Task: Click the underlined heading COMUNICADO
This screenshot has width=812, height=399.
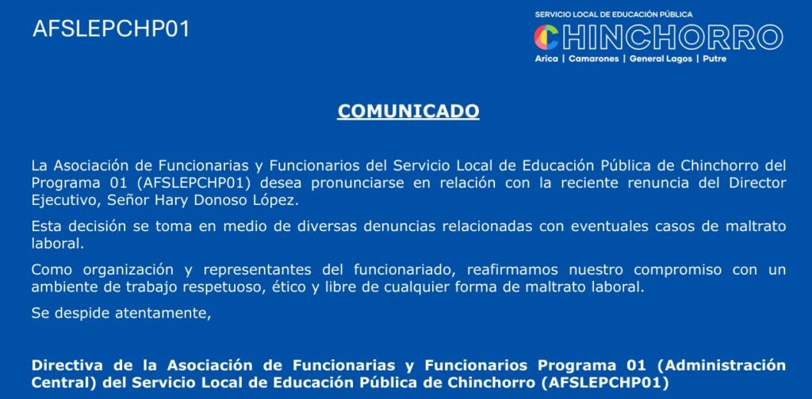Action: coord(408,111)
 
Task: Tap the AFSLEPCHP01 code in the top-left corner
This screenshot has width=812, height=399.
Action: coord(111,29)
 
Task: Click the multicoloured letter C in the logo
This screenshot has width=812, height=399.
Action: coord(546,37)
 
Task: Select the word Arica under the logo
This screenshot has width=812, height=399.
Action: coord(546,59)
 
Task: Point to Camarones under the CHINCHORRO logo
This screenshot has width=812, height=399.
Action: coord(593,59)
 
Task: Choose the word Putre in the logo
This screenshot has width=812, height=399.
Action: coord(714,59)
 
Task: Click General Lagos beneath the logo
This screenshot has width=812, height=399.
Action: coord(661,59)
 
